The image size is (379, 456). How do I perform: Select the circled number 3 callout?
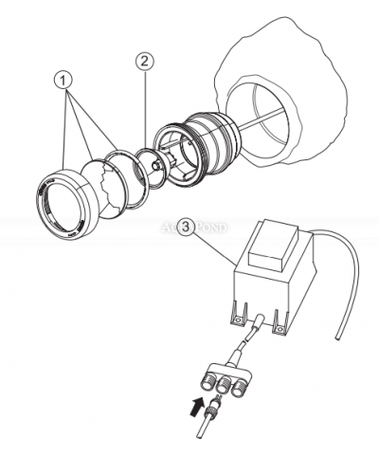188,228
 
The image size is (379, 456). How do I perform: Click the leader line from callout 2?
142,104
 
